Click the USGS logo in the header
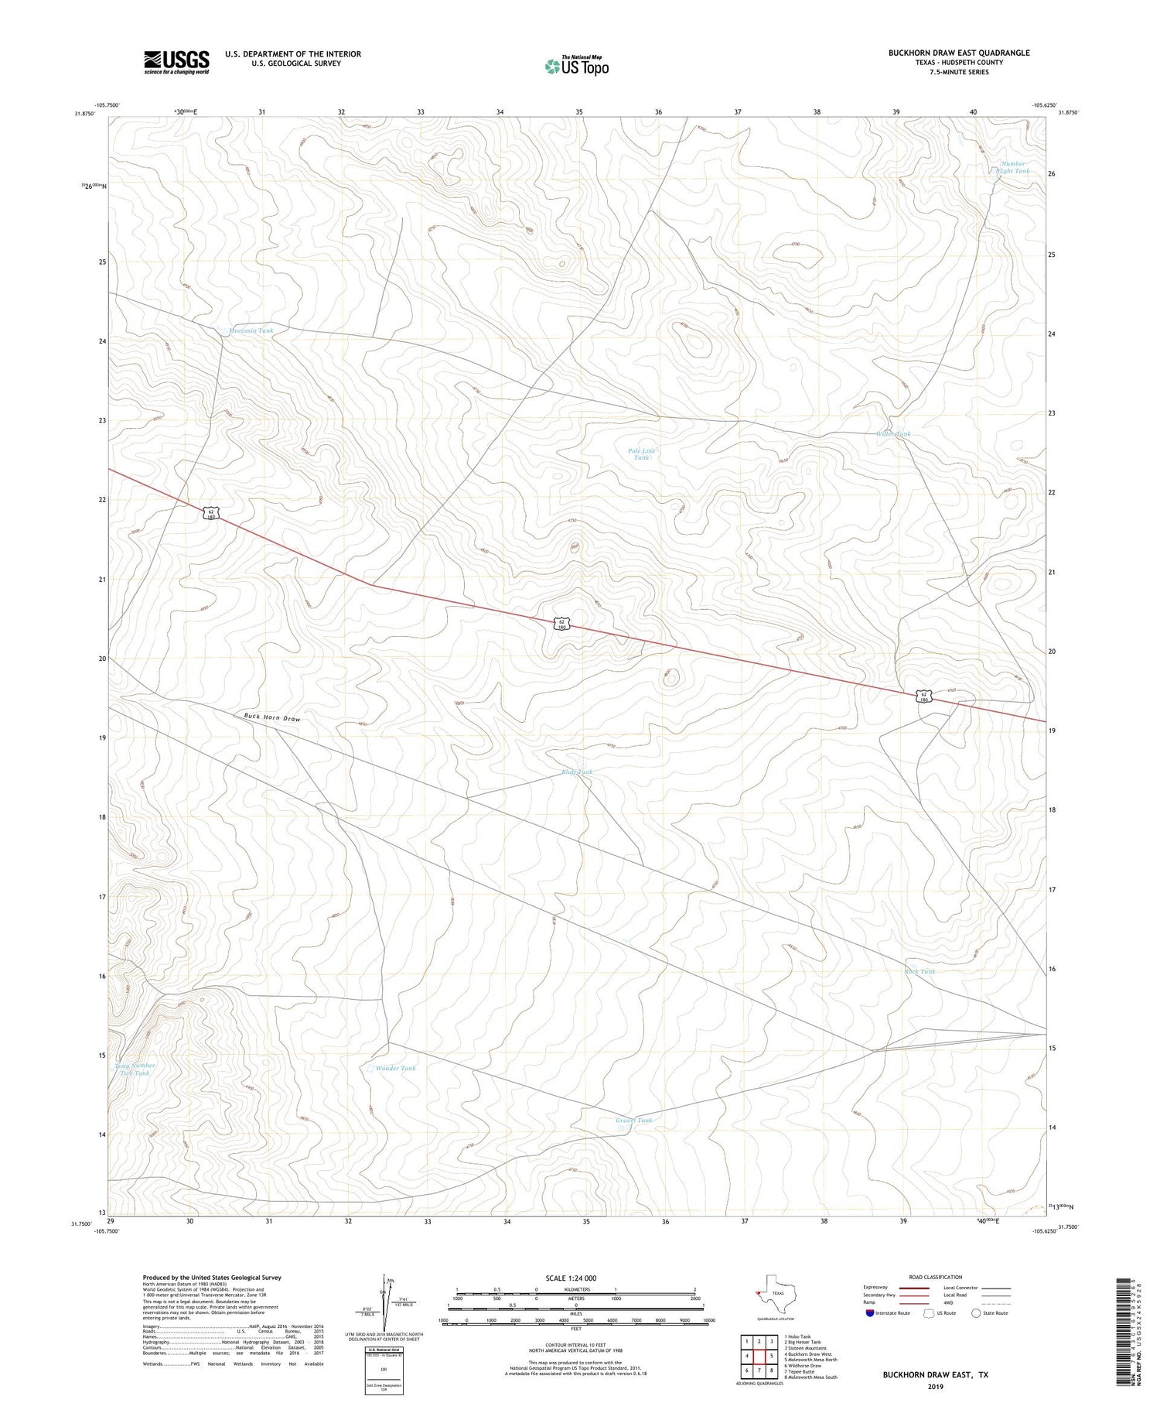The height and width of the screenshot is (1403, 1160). (x=176, y=62)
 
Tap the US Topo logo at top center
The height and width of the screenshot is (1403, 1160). (x=576, y=66)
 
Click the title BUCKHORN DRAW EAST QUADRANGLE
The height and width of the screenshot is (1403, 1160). (x=959, y=53)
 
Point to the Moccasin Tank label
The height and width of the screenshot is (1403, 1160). (x=250, y=330)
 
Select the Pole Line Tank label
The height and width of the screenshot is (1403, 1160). (x=641, y=454)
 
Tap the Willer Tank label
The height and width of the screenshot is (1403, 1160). (x=893, y=434)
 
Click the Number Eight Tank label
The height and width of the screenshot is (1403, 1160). (x=1014, y=167)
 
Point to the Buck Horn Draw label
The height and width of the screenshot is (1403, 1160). (x=272, y=717)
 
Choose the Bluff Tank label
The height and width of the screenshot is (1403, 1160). (x=577, y=772)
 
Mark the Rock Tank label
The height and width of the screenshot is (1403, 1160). (x=919, y=971)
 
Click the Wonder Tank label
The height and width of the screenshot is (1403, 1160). (x=395, y=1068)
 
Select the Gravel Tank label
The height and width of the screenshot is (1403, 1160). (x=634, y=1120)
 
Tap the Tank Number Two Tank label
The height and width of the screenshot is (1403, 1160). (x=135, y=1069)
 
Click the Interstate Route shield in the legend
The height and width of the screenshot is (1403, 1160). (x=871, y=1313)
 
